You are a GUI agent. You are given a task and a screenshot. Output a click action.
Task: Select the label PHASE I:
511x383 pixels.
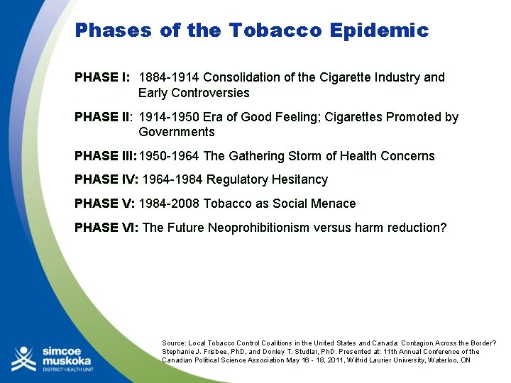coord(102,77)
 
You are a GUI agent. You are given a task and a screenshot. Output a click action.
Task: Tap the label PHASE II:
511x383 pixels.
coord(104,117)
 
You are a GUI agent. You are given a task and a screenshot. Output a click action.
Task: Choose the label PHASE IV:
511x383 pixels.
coord(106,179)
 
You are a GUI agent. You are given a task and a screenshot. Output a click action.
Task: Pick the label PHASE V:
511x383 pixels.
coord(104,204)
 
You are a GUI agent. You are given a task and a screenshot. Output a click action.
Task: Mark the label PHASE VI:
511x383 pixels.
coord(106,228)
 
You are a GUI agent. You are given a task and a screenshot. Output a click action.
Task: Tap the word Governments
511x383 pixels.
coord(176,132)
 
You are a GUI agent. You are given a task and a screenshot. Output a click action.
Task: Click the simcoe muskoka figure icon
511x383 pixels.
coord(23,359)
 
